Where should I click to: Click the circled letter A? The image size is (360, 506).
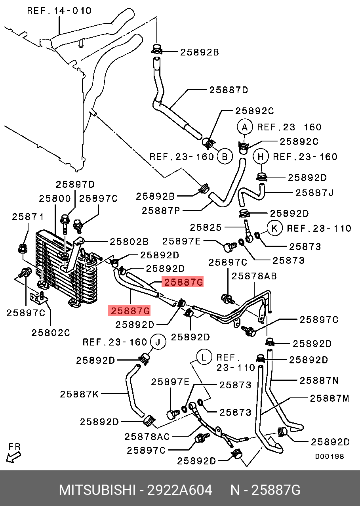pos(245,127)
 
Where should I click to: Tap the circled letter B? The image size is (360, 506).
pos(224,157)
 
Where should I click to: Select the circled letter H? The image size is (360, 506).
pos(261,157)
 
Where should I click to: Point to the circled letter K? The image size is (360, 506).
pos(274,228)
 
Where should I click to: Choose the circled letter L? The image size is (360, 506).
pos(204,358)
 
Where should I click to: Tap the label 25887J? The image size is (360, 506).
pos(315,193)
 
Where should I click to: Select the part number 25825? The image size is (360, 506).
pos(206,227)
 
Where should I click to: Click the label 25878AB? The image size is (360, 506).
pos(254,276)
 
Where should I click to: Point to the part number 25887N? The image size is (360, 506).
pos(319,380)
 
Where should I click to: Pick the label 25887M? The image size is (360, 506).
pos(330,398)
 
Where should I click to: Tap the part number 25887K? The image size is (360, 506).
pos(80,394)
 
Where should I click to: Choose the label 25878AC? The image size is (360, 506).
pos(147,437)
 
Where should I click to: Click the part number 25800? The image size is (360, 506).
pos(55,199)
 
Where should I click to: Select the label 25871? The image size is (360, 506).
pos(28,216)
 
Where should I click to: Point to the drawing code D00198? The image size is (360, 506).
pos(329,456)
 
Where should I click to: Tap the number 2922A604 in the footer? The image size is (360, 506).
pos(179,490)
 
